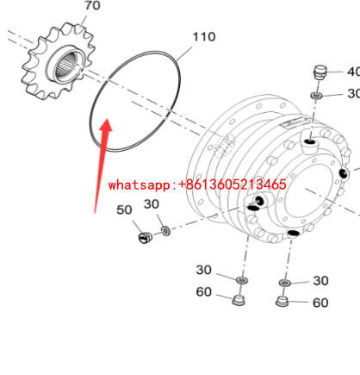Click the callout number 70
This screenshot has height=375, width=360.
pos(92,6)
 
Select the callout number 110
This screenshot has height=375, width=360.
pos(203,37)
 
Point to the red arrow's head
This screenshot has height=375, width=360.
pos(106,125)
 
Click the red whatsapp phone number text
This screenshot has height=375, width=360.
pos(197,184)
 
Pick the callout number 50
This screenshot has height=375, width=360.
pos(124,210)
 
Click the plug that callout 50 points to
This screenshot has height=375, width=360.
pos(145,237)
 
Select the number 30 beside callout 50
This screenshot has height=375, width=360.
pos(152,204)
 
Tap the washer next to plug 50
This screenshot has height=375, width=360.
pos(165,230)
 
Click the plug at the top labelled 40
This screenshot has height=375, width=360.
pos(320,72)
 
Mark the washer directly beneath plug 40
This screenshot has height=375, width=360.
pos(316,95)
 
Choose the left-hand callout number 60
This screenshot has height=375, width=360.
pos(203,292)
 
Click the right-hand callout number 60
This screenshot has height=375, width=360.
pos(320,303)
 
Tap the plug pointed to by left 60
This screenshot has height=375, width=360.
pos(239,300)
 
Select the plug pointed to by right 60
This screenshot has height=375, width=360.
pos(282,302)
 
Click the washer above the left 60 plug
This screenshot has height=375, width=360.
pos(242,280)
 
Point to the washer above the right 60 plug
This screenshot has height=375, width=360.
pos(285,283)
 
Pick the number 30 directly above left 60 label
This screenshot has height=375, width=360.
pos(203,270)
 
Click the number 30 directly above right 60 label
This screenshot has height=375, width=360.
pos(320,281)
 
